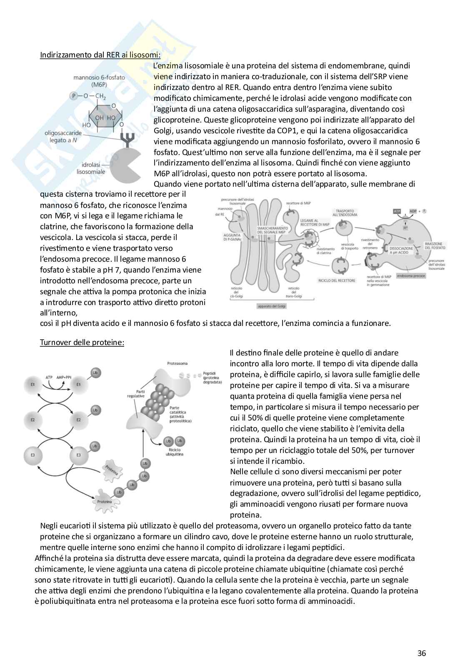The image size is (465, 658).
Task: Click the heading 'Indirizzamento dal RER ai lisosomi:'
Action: (x=100, y=55)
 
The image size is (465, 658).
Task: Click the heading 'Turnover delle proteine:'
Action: (x=82, y=343)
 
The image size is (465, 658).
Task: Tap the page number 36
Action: (x=422, y=642)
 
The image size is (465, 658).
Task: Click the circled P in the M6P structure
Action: (x=75, y=96)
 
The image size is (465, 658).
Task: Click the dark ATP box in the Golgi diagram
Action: (x=397, y=211)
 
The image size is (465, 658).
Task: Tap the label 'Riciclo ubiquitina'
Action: (x=174, y=452)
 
